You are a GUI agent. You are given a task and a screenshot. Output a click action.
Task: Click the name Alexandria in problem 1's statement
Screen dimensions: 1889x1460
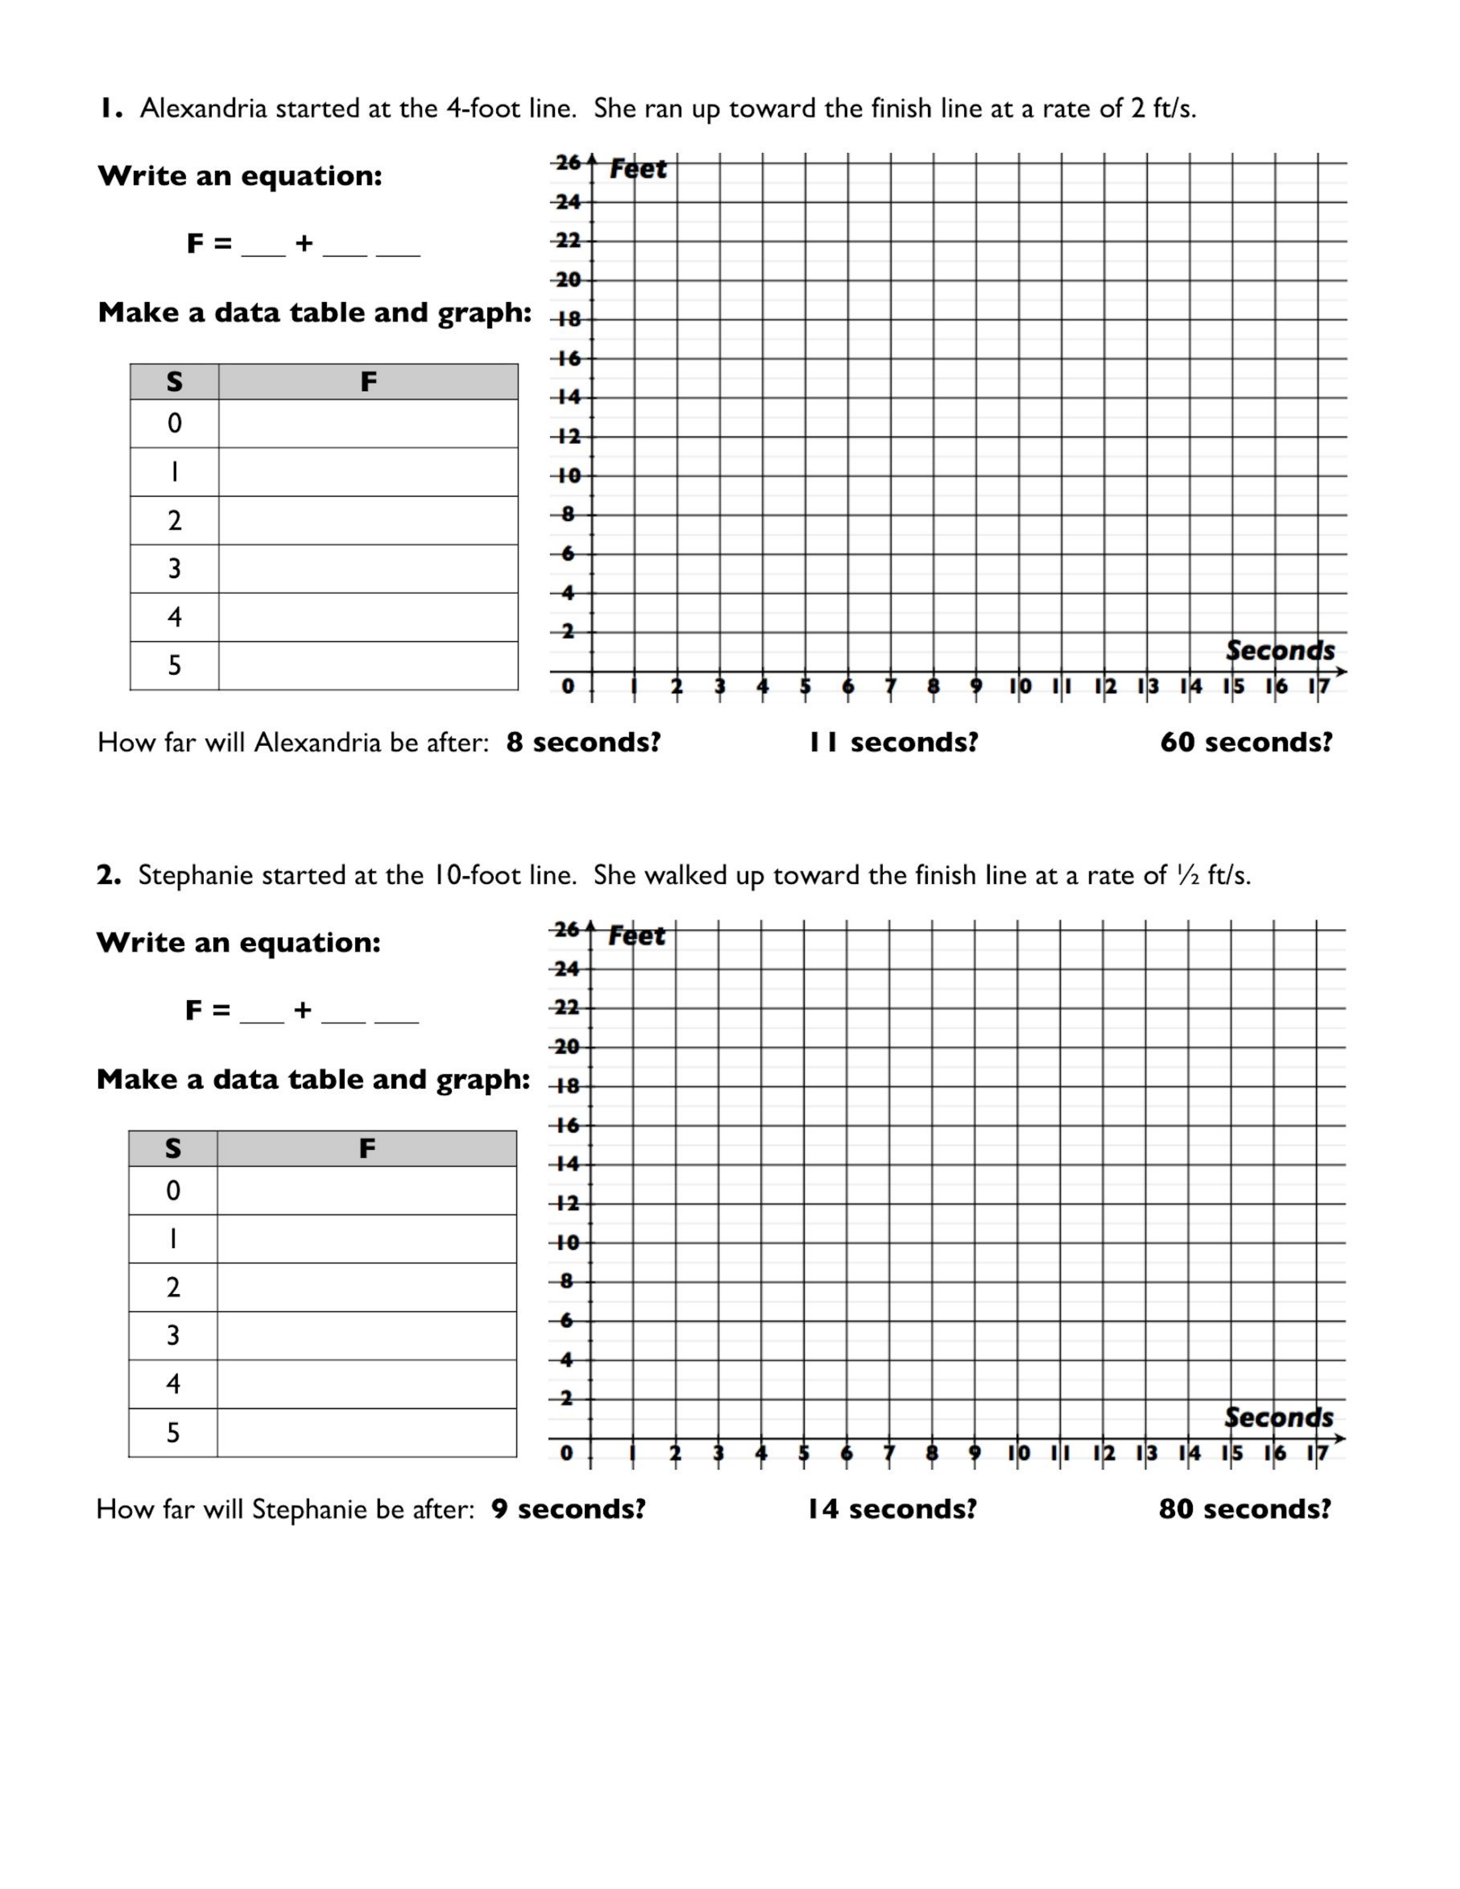pos(203,109)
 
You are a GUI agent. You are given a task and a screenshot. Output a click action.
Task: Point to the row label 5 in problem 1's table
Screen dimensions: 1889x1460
pos(175,665)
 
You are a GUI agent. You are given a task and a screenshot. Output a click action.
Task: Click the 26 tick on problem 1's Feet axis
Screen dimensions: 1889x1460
pos(567,163)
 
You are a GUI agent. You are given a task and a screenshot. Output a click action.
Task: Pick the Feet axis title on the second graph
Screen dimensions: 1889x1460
pos(637,936)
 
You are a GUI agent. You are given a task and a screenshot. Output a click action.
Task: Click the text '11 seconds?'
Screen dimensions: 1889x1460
pos(893,742)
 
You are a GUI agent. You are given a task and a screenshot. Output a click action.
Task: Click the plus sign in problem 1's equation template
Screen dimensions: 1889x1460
pos(303,243)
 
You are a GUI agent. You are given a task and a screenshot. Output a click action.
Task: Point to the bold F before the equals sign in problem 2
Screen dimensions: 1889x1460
pos(194,1010)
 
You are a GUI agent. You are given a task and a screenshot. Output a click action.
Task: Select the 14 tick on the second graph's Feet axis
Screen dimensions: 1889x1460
pos(566,1164)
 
